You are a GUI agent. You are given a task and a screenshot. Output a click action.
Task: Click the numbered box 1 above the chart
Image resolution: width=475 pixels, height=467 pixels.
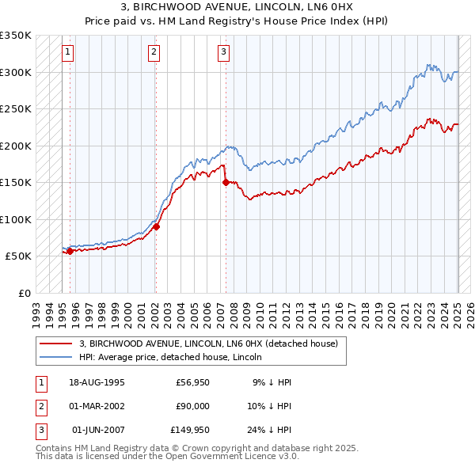tap(67, 53)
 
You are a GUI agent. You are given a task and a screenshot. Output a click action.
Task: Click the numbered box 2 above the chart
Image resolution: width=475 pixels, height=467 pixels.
tap(154, 53)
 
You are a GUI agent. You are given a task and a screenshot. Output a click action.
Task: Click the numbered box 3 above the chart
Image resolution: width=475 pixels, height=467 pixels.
tap(224, 53)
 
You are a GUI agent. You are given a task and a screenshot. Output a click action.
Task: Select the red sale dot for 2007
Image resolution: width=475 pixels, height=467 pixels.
tap(226, 182)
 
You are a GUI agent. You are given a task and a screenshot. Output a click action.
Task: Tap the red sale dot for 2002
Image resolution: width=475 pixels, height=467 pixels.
tap(156, 226)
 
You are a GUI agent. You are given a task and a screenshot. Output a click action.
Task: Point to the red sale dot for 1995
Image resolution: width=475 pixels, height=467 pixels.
tap(70, 251)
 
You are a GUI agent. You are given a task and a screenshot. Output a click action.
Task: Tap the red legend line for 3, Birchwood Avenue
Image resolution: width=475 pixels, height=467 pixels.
tap(55, 344)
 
